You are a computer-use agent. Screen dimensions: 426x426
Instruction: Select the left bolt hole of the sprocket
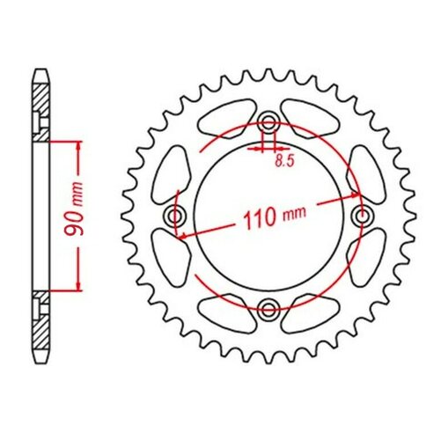tap(174, 215)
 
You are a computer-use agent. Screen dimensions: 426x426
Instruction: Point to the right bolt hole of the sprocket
tap(360, 215)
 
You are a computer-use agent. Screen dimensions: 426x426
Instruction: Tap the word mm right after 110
tap(292, 216)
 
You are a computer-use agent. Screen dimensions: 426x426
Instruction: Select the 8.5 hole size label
tap(283, 161)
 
